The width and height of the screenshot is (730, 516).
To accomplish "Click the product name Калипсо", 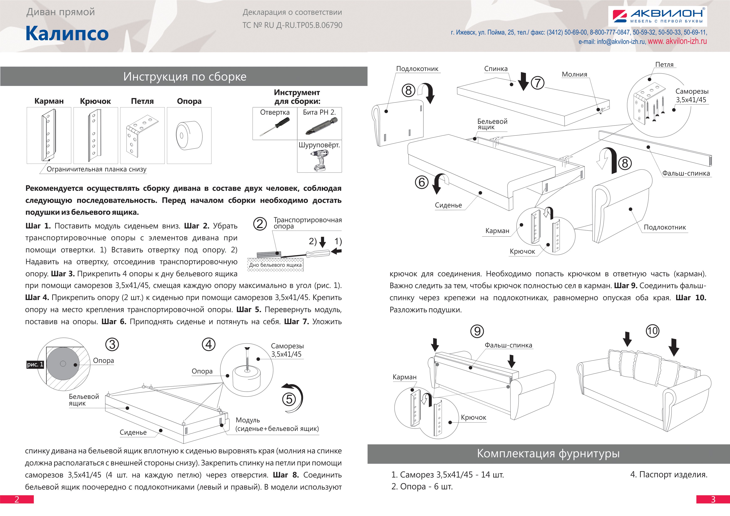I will (x=67, y=33).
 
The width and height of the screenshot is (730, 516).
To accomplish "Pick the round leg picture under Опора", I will (x=189, y=135).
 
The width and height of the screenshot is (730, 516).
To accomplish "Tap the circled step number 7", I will (x=538, y=83).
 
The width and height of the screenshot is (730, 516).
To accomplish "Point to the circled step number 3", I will (x=112, y=344).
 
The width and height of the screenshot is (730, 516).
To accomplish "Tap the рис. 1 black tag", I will (x=35, y=364).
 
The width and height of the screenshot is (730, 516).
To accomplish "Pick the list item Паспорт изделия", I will (x=668, y=475).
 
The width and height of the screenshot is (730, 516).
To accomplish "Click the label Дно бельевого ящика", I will (x=275, y=265).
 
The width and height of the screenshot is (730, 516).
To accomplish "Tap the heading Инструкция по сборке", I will (x=185, y=77).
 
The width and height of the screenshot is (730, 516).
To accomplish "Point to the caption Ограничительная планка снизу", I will (x=96, y=169).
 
